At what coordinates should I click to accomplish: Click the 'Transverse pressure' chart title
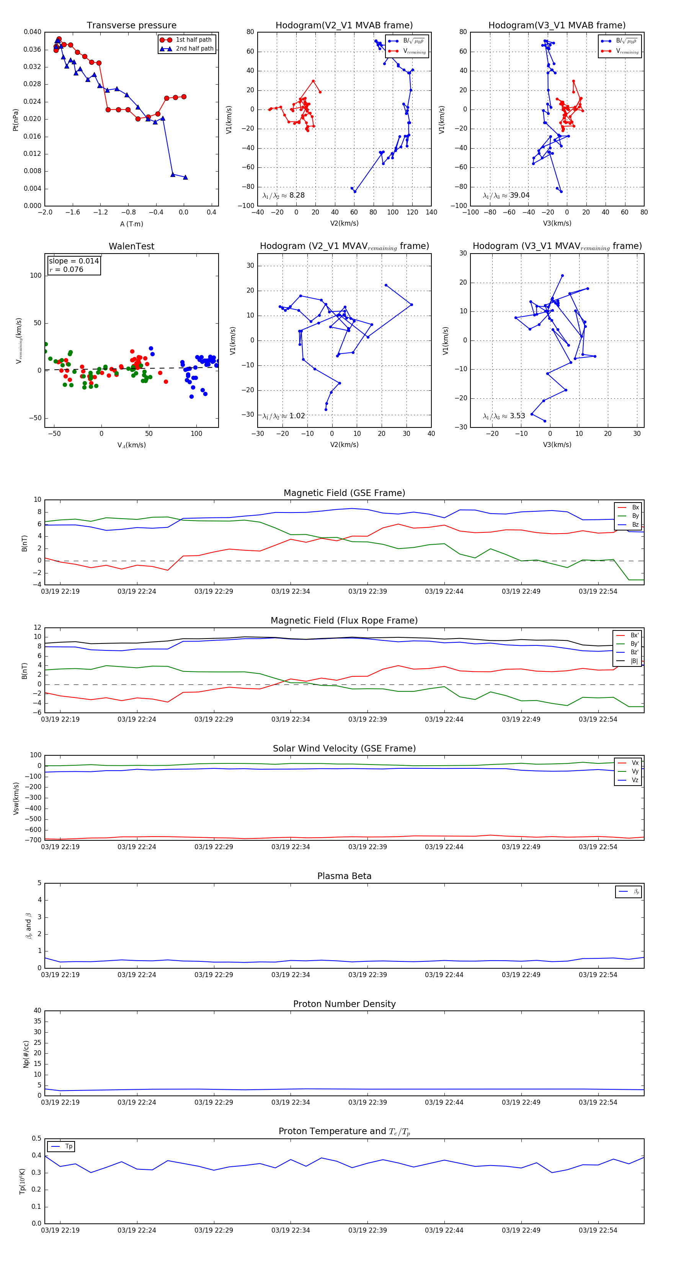point(131,26)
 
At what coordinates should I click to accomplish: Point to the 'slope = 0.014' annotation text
point(73,261)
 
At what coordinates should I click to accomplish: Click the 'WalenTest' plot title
point(131,246)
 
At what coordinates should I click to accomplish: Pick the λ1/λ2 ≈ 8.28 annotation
point(283,195)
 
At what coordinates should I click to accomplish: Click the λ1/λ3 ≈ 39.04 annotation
point(506,195)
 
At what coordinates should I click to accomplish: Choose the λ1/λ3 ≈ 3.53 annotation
point(504,416)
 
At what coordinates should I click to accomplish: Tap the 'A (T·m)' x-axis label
point(131,224)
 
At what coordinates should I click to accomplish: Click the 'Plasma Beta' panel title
point(344,876)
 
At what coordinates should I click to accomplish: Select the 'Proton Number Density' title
point(344,1004)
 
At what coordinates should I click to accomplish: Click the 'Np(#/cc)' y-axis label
point(26,1054)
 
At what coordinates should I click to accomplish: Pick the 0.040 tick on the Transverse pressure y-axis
point(33,32)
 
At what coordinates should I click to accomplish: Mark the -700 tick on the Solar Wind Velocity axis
point(34,840)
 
